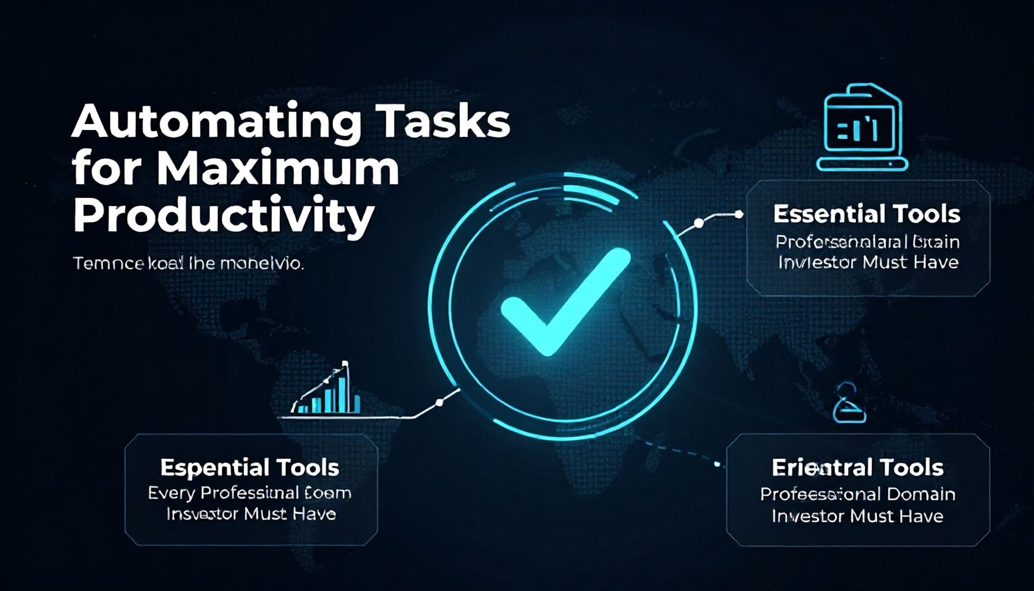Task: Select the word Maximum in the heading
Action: (x=277, y=169)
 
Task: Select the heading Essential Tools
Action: (x=866, y=214)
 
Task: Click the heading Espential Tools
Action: (x=249, y=467)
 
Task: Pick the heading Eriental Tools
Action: (x=857, y=467)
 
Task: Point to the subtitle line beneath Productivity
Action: (x=188, y=264)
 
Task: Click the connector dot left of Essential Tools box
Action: (x=699, y=223)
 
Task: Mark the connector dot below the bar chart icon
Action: (x=439, y=402)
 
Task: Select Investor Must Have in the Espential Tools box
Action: (x=251, y=514)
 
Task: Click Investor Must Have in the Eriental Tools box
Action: (x=857, y=516)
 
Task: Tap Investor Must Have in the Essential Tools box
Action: (x=868, y=263)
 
